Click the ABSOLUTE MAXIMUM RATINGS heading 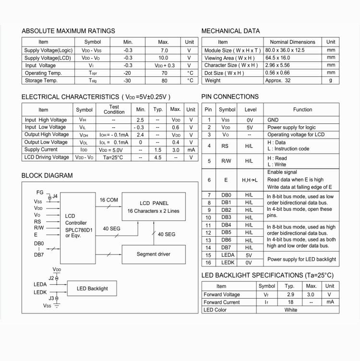pyautogui.click(x=68, y=31)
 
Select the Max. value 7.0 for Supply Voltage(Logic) pyautogui.click(x=164, y=50)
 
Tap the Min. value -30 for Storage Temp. pyautogui.click(x=128, y=81)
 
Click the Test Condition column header pyautogui.click(x=114, y=109)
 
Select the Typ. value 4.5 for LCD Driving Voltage pyautogui.click(x=158, y=157)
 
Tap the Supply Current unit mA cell pyautogui.click(x=191, y=150)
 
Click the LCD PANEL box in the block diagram pyautogui.click(x=154, y=207)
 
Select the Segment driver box pyautogui.click(x=154, y=254)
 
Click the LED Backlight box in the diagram pyautogui.click(x=92, y=289)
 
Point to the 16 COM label pyautogui.click(x=108, y=200)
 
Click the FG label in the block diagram pyautogui.click(x=40, y=193)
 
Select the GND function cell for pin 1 pyautogui.click(x=273, y=120)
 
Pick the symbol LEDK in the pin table pyautogui.click(x=227, y=263)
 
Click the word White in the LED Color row pyautogui.click(x=291, y=310)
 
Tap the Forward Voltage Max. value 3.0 pyautogui.click(x=311, y=295)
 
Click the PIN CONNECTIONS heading pyautogui.click(x=230, y=96)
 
